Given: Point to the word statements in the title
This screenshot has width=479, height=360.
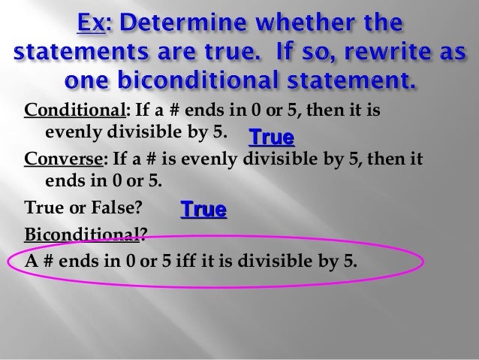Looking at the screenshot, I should pos(82,54).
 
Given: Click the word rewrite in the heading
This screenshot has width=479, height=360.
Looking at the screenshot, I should pos(408,54).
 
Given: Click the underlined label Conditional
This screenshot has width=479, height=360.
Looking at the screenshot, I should pos(74,115).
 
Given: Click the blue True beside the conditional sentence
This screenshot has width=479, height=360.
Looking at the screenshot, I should pos(271,138).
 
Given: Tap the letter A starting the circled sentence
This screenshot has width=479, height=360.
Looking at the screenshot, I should pos(32,263).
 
